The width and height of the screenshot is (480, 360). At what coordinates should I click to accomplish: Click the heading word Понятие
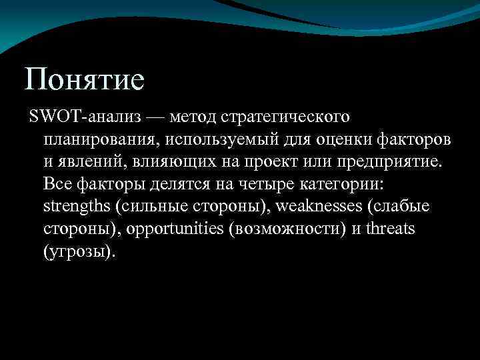coord(84,79)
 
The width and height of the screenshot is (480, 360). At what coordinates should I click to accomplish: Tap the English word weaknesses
coord(319,207)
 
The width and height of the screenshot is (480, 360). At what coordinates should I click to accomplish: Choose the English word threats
coord(391,229)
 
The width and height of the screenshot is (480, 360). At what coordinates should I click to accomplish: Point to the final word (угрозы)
coord(79,252)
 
